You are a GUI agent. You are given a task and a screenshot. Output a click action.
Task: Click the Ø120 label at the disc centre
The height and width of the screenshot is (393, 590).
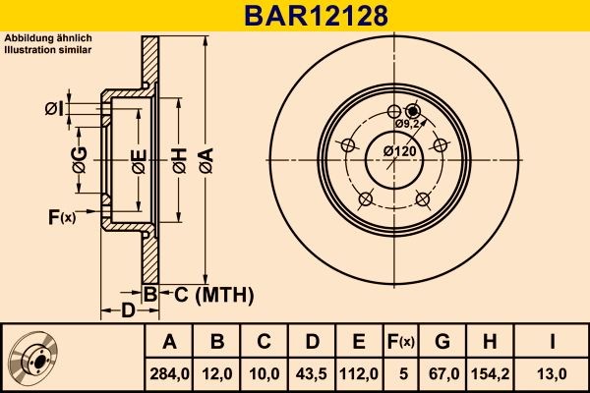pyautogui.click(x=397, y=150)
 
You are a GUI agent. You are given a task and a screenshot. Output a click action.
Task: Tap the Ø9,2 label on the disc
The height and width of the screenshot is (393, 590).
pyautogui.click(x=408, y=124)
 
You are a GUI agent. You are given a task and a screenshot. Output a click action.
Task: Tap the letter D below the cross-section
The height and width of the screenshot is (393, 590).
pyautogui.click(x=128, y=312)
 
